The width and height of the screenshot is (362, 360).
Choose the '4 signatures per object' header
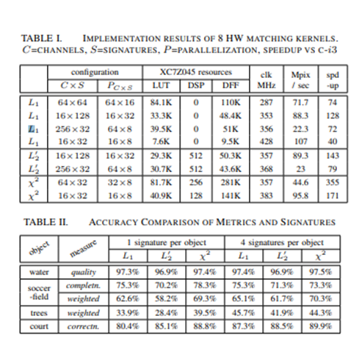(x=283, y=242)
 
